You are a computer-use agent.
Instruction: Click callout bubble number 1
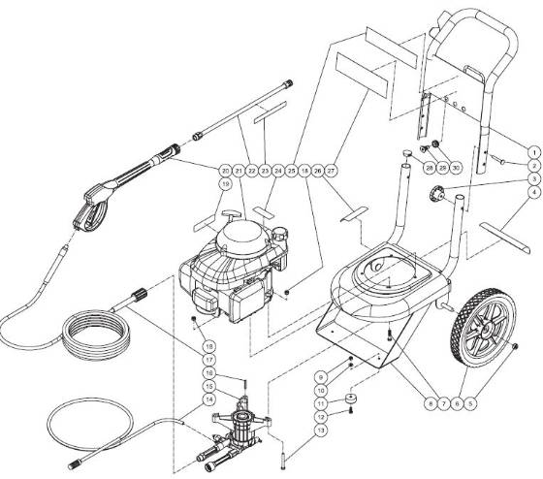533,152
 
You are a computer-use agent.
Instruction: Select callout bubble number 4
533,192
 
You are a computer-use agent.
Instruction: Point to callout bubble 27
331,171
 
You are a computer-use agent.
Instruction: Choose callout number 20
225,171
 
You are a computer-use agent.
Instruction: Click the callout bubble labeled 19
225,183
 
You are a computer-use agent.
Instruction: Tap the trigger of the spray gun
92,211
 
